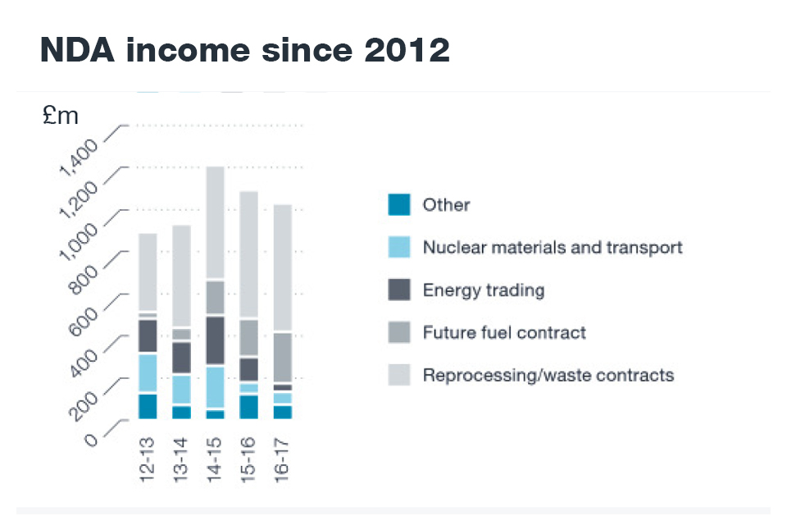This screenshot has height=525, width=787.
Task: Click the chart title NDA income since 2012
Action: (x=244, y=51)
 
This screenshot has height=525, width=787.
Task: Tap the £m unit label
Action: (x=61, y=116)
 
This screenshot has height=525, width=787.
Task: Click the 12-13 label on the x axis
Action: (x=148, y=461)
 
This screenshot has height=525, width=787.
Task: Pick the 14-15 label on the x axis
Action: (x=216, y=461)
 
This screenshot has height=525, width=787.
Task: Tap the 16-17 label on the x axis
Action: (x=282, y=461)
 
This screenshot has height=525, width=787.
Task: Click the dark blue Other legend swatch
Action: (x=398, y=204)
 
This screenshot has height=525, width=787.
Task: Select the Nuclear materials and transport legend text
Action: (x=553, y=247)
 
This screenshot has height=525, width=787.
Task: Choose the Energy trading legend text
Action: (x=484, y=290)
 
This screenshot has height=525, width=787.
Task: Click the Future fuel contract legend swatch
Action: (x=398, y=332)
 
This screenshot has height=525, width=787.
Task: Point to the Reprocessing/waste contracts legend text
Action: (x=548, y=375)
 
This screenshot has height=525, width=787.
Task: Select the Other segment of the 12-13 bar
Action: (x=148, y=406)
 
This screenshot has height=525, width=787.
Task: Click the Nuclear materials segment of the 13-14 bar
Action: (x=181, y=390)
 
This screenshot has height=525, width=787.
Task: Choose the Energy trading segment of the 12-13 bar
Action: (x=148, y=336)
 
